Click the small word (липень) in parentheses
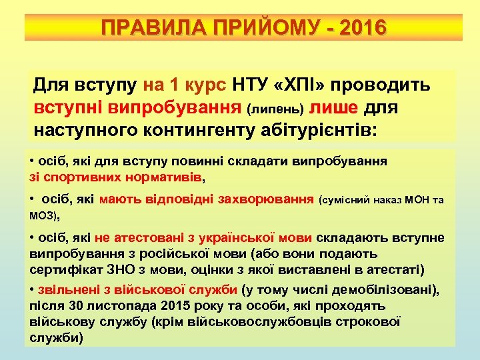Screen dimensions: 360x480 pos(275,108)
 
